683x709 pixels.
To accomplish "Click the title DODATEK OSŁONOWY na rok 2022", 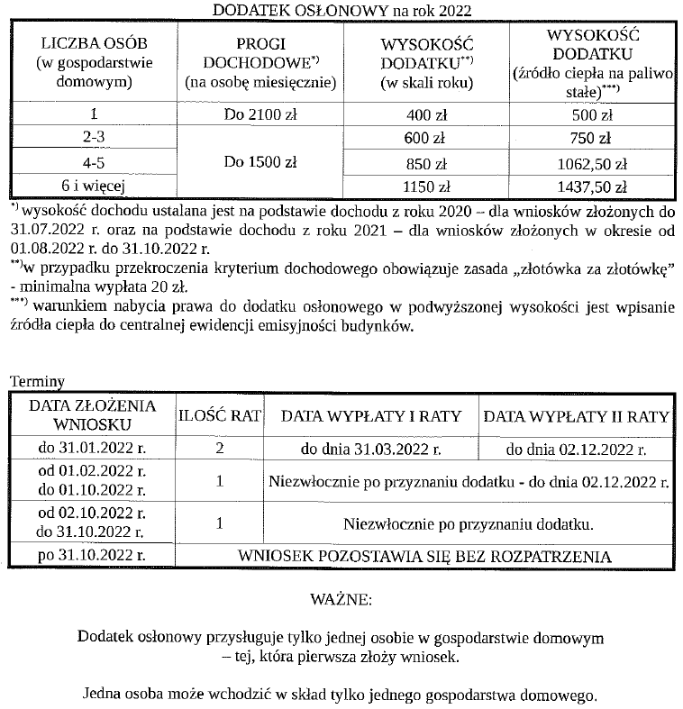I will point(341,10).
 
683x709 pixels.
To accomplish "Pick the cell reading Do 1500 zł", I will point(260,163).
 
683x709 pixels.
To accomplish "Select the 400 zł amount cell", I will point(426,115).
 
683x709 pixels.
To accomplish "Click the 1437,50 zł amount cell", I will point(591,187).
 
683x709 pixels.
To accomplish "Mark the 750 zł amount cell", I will point(591,139).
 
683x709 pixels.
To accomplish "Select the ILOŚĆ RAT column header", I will point(220,415).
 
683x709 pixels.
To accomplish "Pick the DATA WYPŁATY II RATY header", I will point(576,416).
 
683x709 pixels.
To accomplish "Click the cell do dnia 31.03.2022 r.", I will point(370,449).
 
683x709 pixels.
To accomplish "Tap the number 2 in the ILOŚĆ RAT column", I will point(220,449).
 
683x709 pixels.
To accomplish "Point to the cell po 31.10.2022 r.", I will point(92,555).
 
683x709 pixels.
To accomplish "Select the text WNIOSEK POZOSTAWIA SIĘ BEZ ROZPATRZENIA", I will point(423,556).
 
